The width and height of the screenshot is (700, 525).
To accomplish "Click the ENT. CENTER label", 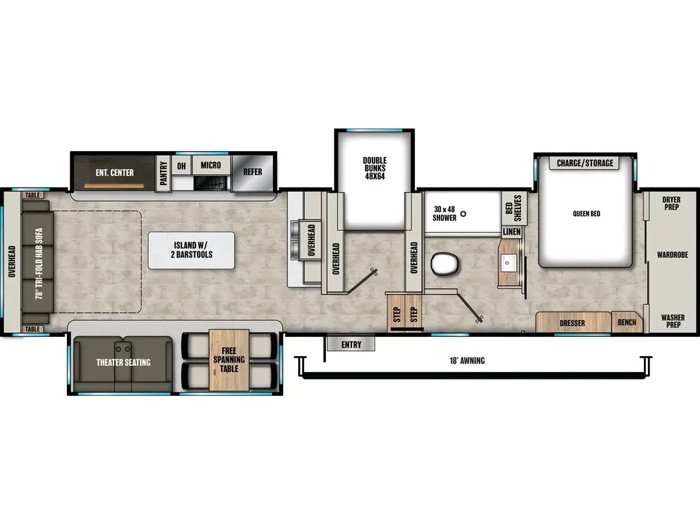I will click(x=114, y=172).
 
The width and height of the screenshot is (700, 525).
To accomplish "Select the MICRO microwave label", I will click(x=211, y=165).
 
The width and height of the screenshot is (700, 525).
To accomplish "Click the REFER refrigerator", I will click(x=253, y=172).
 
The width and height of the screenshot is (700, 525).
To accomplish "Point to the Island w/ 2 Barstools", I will click(x=191, y=250).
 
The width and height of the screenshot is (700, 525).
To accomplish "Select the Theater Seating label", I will click(x=123, y=362).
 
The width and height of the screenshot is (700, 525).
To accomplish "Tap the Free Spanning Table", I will click(x=229, y=360).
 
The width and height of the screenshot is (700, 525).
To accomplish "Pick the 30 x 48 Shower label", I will click(x=444, y=213).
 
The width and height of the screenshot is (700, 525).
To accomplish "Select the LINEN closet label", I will click(x=511, y=232).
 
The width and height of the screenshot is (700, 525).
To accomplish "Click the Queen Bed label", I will click(x=586, y=214).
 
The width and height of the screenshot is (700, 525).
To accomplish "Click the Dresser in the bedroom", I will click(x=572, y=323).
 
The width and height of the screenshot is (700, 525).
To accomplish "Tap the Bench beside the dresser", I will click(x=627, y=323).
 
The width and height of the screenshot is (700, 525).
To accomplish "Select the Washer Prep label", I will click(x=671, y=320).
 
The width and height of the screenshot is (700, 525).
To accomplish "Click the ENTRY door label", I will click(x=351, y=345).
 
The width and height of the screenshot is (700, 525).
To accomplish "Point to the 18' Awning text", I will click(x=468, y=360).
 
